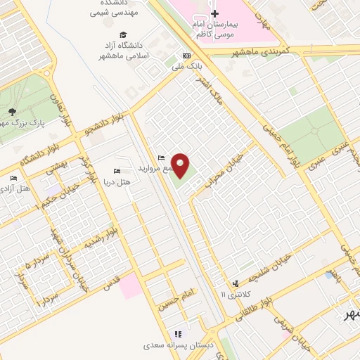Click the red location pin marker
[181, 165]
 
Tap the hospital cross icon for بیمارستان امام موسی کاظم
[215, 13]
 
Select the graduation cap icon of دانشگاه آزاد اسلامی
[124, 34]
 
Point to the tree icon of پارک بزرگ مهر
[11, 111]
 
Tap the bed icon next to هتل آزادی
[13, 178]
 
